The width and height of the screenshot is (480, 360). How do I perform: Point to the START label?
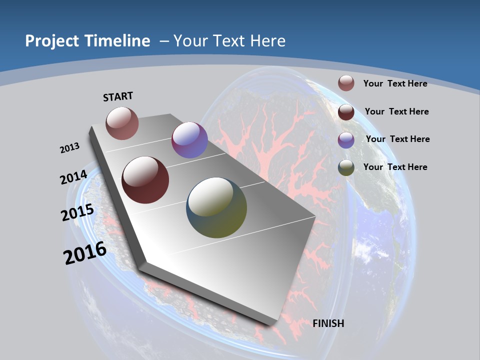coord(118,96)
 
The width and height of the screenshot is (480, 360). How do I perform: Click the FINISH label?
coord(328,323)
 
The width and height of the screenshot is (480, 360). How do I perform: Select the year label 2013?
coord(70,148)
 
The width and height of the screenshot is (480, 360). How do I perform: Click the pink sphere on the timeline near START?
coord(122,123)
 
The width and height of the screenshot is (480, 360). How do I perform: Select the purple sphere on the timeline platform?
coord(189,140)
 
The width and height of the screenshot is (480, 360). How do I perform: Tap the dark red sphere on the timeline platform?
coord(145,180)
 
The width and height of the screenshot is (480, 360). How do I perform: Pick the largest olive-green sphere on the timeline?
coord(216,207)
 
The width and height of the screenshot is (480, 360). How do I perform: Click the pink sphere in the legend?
coord(346,83)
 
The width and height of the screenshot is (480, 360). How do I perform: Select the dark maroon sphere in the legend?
coord(346,112)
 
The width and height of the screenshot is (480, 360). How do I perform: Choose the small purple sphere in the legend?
coord(346,140)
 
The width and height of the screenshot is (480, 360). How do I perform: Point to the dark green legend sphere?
coord(346,167)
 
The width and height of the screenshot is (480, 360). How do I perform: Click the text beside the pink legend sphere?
coord(395,83)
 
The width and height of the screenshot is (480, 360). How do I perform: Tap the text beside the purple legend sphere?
coord(397,139)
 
